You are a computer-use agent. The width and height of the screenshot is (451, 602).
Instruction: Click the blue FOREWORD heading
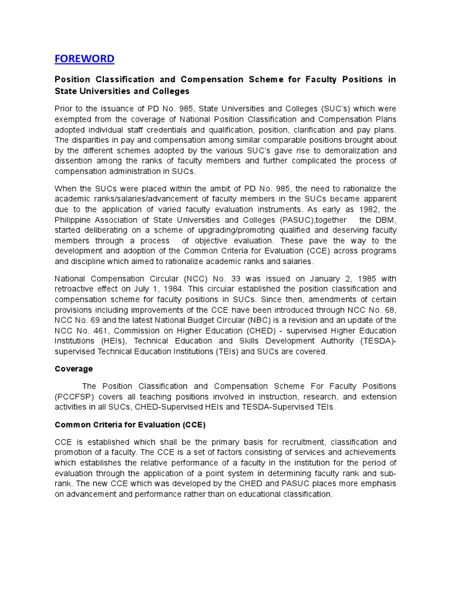click(x=85, y=59)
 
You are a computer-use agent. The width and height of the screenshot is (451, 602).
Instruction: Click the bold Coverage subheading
click(x=73, y=369)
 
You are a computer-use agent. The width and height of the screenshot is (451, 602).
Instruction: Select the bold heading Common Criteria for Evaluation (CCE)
click(x=130, y=424)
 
